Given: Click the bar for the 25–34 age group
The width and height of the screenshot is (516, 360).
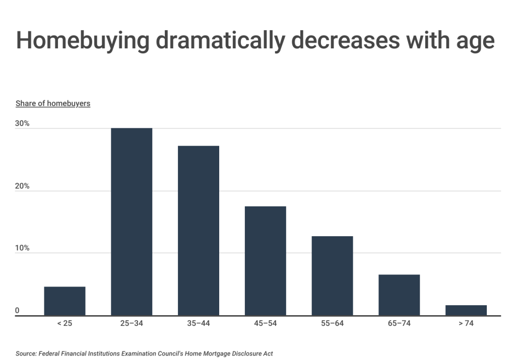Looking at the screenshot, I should click(x=132, y=222).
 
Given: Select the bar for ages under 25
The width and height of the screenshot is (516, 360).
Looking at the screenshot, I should click(x=64, y=301).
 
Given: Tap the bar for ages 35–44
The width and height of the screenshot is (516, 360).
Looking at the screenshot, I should click(x=199, y=231).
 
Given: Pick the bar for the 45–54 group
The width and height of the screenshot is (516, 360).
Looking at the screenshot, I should click(x=265, y=261).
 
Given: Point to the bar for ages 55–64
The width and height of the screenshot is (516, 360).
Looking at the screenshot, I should click(x=332, y=276).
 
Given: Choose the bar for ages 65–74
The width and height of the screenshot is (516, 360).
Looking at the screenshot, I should click(x=399, y=295).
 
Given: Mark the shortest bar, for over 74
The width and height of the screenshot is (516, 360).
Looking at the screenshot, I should click(x=466, y=310).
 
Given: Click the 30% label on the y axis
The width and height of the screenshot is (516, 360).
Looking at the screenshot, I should click(x=23, y=123).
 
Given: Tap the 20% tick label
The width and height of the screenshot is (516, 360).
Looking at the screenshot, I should click(x=23, y=186).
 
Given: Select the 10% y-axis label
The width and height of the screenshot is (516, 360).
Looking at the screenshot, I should click(x=23, y=248).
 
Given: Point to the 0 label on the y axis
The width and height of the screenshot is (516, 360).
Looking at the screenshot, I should click(x=18, y=311).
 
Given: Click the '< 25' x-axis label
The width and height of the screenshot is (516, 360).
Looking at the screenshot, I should click(x=64, y=323).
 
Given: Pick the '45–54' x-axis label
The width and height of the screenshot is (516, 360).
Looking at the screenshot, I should click(x=265, y=323).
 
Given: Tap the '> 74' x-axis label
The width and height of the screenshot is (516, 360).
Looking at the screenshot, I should click(x=466, y=323).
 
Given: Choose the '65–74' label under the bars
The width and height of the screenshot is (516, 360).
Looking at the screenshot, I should click(x=399, y=323).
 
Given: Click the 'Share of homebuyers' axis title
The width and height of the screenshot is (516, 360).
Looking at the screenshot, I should click(x=53, y=104).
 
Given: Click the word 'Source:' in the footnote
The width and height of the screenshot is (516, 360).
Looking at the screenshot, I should click(x=27, y=353).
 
